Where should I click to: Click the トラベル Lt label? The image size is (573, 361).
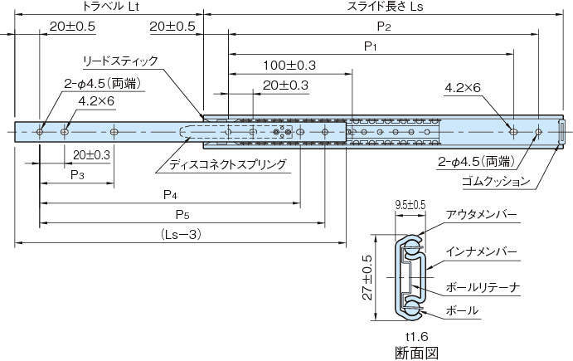(109, 6)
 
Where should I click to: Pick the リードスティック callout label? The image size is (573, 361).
(120, 61)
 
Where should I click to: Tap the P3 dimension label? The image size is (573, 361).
(77, 175)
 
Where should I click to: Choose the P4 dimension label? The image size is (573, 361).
(170, 195)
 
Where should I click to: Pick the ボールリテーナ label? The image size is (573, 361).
(483, 287)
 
